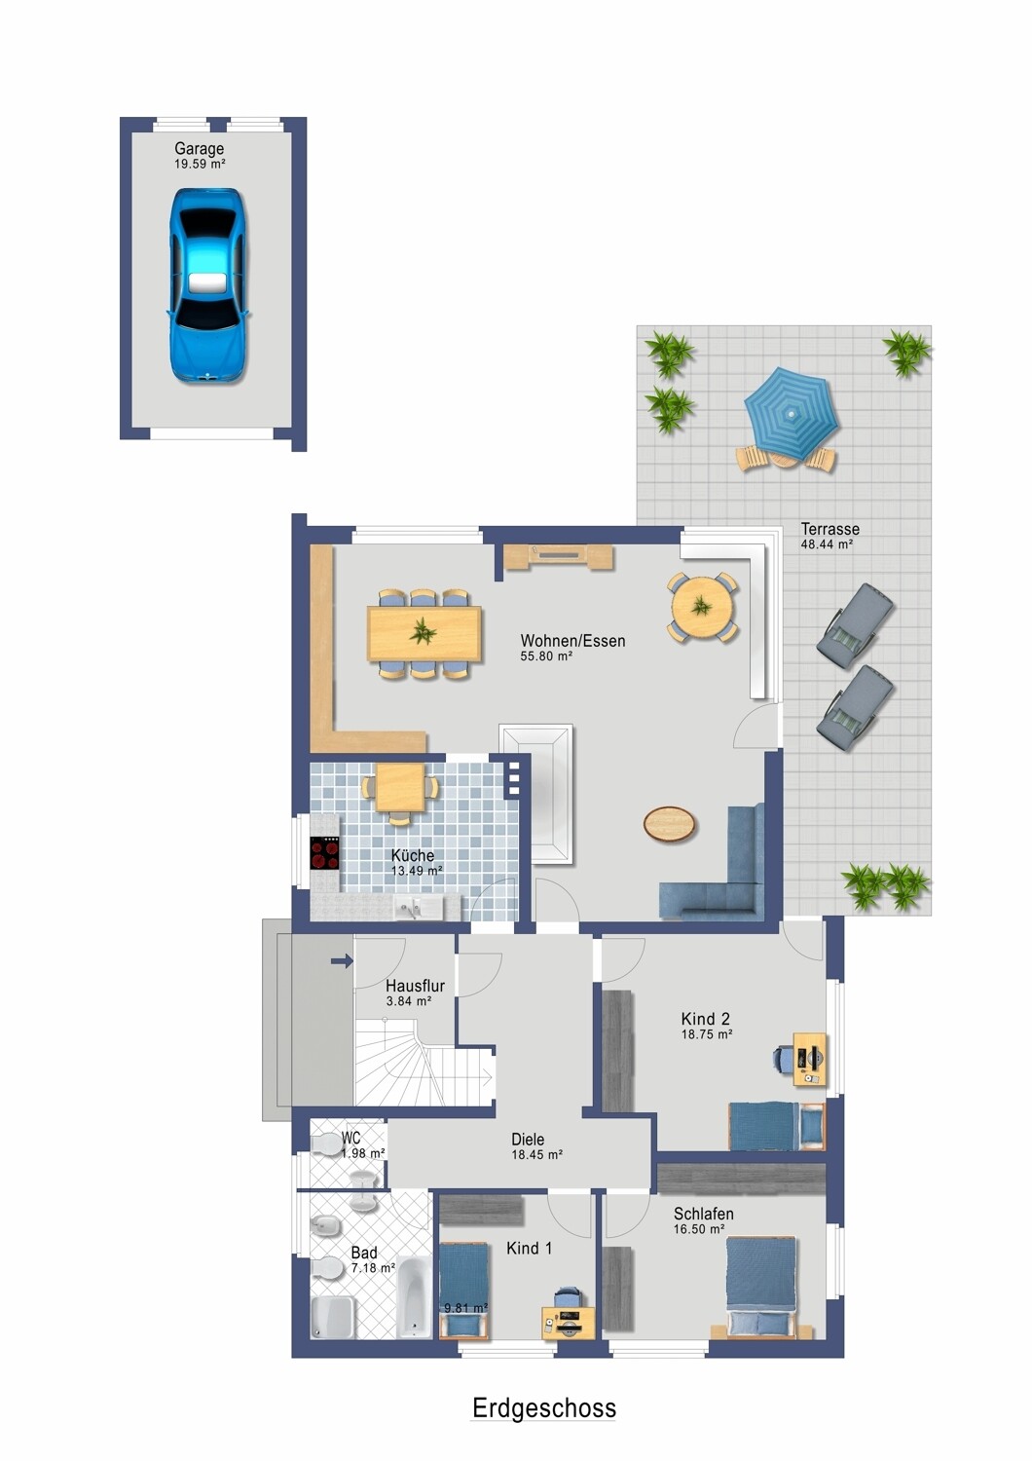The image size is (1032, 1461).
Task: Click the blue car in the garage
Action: [208, 285]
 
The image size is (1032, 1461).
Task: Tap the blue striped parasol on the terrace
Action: [791, 414]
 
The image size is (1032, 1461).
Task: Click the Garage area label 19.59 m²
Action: [200, 164]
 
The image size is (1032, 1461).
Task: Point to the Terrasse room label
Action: [829, 529]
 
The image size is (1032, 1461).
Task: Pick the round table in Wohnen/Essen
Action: [702, 607]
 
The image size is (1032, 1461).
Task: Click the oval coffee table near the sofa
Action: [669, 823]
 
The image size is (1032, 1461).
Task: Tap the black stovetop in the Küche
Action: [324, 853]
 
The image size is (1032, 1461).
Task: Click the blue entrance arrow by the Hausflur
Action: [343, 960]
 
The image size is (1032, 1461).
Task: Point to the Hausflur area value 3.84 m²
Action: [409, 1001]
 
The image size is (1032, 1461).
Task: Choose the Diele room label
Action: [528, 1140]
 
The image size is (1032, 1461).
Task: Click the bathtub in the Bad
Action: [414, 1295]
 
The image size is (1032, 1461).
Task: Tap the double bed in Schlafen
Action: [761, 1289]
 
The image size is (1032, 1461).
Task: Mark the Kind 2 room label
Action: [706, 1018]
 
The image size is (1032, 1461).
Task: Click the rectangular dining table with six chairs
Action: [424, 633]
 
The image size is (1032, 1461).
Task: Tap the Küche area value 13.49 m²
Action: [418, 871]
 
